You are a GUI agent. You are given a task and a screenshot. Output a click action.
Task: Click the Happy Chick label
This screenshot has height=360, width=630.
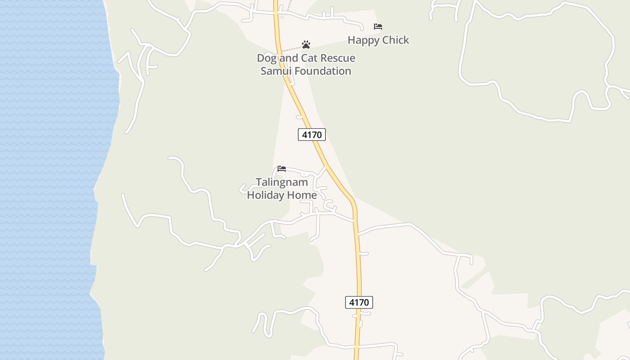point(378,40)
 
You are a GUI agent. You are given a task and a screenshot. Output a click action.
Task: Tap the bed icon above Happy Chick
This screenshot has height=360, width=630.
point(378,27)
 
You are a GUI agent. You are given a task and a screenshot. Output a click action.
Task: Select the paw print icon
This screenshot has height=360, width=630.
point(306,45)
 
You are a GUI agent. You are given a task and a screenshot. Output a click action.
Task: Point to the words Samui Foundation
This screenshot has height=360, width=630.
point(306,71)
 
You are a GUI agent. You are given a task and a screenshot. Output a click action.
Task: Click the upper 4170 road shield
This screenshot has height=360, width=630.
point(311,134)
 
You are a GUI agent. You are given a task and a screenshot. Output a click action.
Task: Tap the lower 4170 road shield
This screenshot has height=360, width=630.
point(359,302)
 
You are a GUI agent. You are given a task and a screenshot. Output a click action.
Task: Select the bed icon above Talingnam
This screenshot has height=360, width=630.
point(282,169)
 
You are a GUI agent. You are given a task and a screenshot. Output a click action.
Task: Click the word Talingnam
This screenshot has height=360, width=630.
point(282,182)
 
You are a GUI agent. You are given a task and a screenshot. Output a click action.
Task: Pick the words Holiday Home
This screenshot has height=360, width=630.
point(282,195)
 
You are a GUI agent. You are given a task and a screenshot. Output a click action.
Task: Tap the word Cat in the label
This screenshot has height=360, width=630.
point(308,58)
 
